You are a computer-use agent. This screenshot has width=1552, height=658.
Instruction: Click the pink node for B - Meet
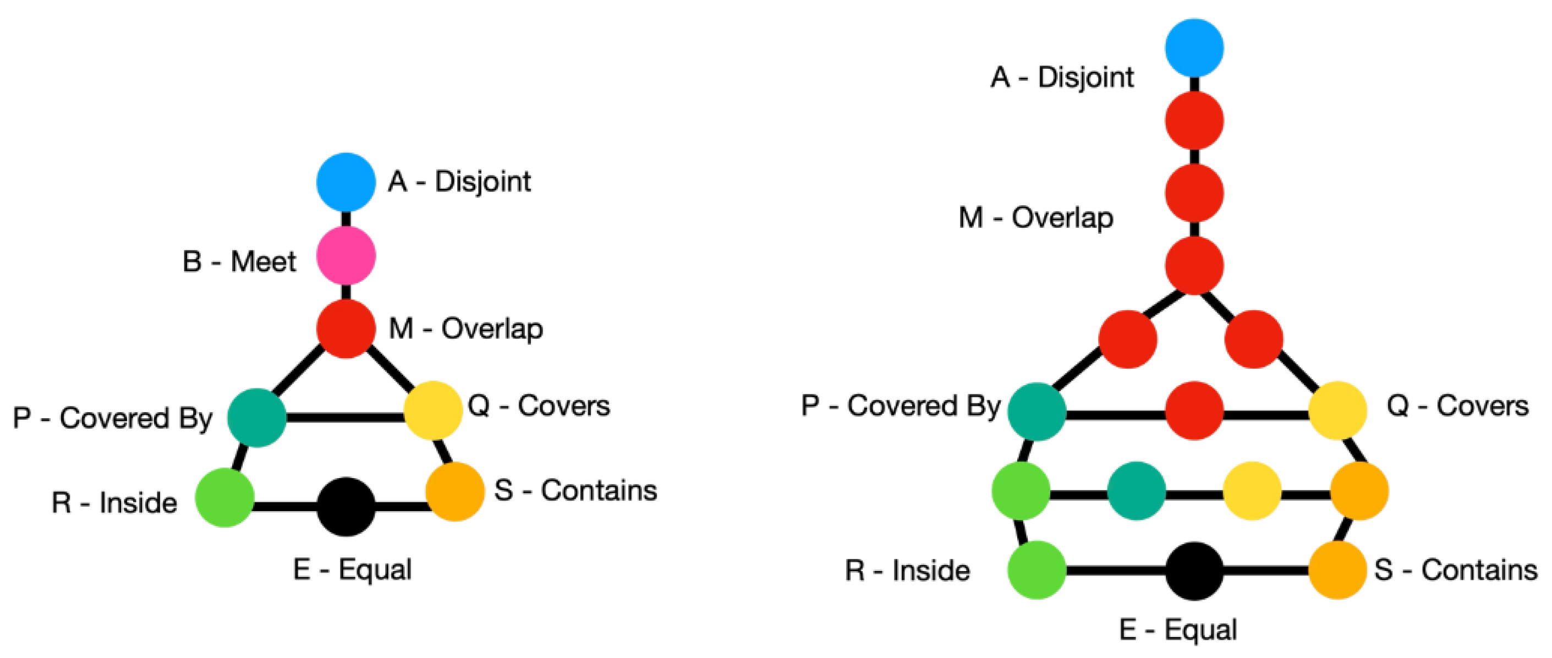(x=346, y=255)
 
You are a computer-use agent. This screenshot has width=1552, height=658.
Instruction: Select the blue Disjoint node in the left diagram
(x=346, y=182)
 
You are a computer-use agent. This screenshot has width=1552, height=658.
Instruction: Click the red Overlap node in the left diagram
(x=346, y=328)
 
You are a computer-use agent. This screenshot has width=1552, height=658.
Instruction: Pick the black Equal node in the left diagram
(x=346, y=506)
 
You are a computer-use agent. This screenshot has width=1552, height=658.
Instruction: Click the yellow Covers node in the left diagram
(x=432, y=410)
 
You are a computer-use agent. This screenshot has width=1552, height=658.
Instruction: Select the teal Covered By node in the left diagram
(x=257, y=418)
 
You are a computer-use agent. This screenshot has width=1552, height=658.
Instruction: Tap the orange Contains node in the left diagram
(x=455, y=491)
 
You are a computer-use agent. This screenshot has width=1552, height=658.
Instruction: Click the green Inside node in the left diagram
(x=224, y=498)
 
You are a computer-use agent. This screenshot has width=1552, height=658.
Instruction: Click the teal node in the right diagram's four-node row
(x=1136, y=491)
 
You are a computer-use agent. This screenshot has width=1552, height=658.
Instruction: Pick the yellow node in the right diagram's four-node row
(x=1252, y=491)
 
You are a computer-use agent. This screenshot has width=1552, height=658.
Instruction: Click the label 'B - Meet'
(x=239, y=261)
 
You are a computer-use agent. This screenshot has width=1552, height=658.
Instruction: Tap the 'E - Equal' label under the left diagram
(x=353, y=569)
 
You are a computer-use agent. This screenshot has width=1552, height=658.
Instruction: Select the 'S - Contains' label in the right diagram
(x=1455, y=570)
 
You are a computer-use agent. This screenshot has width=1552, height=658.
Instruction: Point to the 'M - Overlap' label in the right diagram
(x=1035, y=217)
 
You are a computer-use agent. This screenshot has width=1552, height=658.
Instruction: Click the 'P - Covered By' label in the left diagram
(x=113, y=418)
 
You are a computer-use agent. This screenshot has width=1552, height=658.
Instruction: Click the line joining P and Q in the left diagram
(x=344, y=416)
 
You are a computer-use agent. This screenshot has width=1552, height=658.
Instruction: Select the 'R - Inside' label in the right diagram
(x=907, y=570)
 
